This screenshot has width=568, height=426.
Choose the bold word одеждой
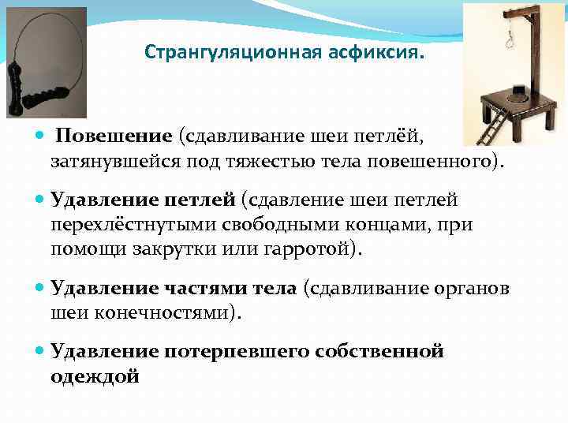[95, 376]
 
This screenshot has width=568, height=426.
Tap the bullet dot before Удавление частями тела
[41, 288]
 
